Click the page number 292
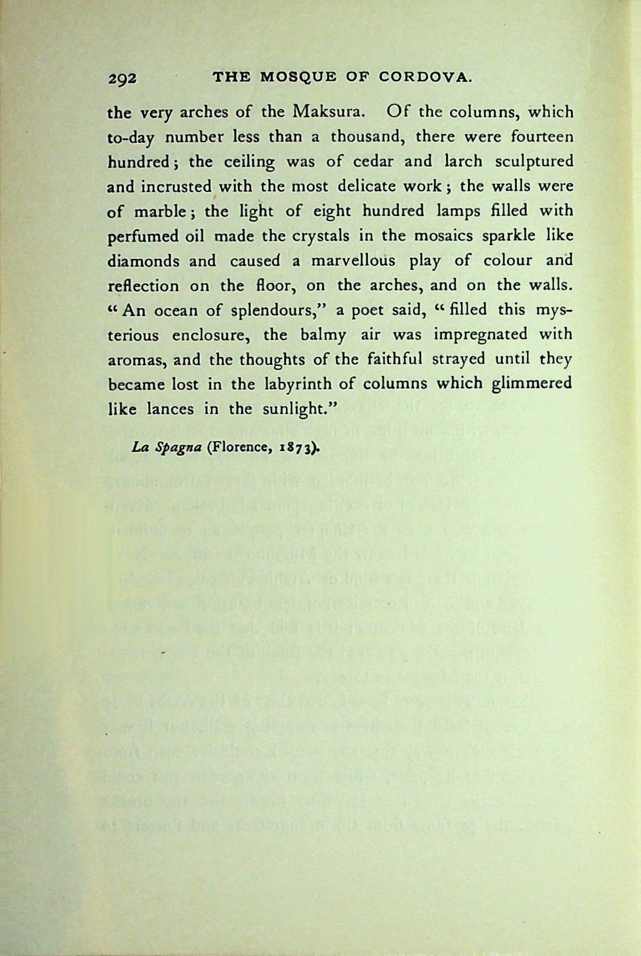[122, 79]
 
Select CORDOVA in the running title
[425, 77]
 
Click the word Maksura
[329, 111]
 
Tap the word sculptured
[534, 161]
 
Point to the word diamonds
[143, 261]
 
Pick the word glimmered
[531, 384]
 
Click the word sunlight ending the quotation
[296, 409]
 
